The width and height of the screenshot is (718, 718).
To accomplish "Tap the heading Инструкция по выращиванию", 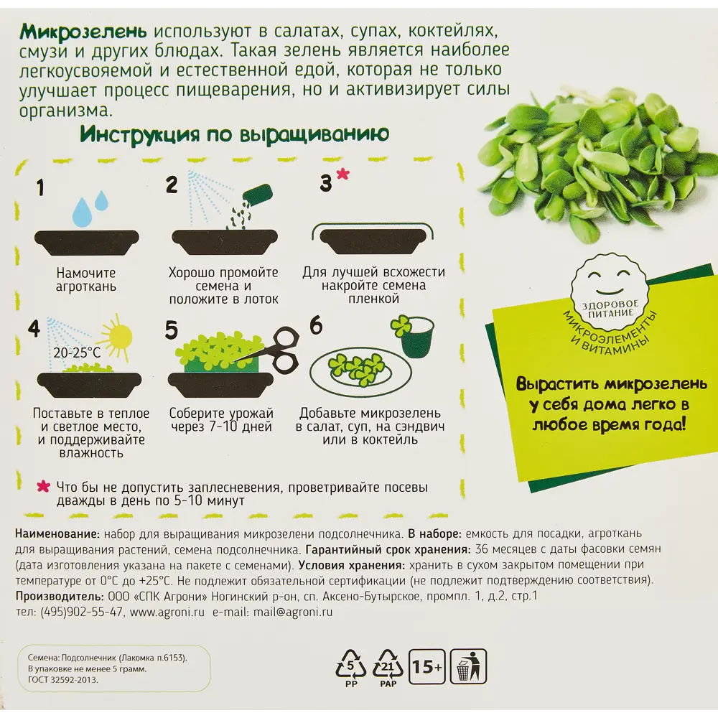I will point(234,134).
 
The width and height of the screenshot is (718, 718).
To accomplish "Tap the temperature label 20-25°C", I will point(78,353).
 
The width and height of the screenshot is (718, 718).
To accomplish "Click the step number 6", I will point(316,325).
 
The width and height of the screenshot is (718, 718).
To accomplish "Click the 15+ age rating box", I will point(426,668).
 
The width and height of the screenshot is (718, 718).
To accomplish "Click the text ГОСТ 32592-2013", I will point(63,679).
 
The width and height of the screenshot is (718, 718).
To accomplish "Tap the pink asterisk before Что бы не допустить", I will point(43,487).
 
